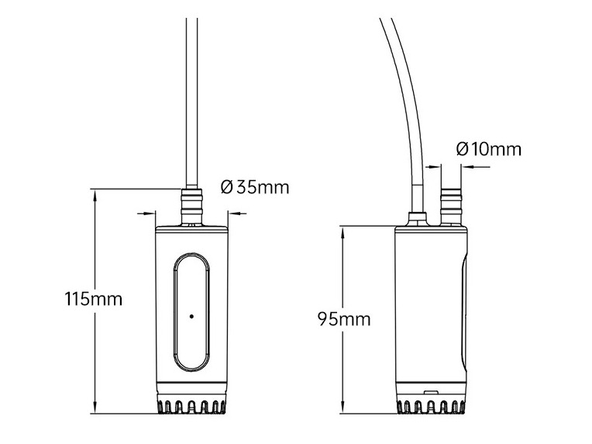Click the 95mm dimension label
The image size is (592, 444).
(344, 318)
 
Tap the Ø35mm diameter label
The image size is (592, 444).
(255, 187)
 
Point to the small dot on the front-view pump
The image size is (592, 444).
(191, 316)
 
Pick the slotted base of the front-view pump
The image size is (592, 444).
(191, 406)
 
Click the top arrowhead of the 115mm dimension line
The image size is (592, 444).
(95, 193)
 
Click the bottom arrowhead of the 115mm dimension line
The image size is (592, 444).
(95, 409)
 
